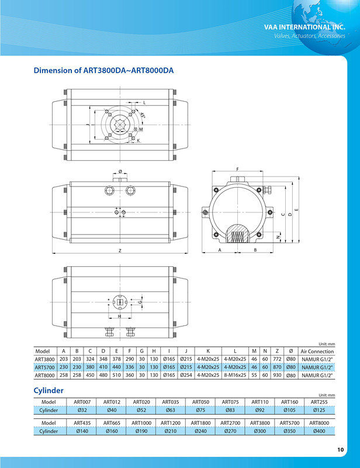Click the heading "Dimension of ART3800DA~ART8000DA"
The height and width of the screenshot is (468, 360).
(103, 71)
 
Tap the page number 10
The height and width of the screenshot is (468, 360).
(341, 449)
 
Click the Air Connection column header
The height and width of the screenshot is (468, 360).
(317, 351)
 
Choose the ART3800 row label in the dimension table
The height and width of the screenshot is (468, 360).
(45, 359)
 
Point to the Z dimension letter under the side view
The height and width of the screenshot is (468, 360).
(119, 250)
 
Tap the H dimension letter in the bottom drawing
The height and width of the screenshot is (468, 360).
(119, 316)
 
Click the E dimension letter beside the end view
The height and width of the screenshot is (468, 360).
(297, 209)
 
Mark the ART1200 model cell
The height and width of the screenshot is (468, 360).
(171, 422)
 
